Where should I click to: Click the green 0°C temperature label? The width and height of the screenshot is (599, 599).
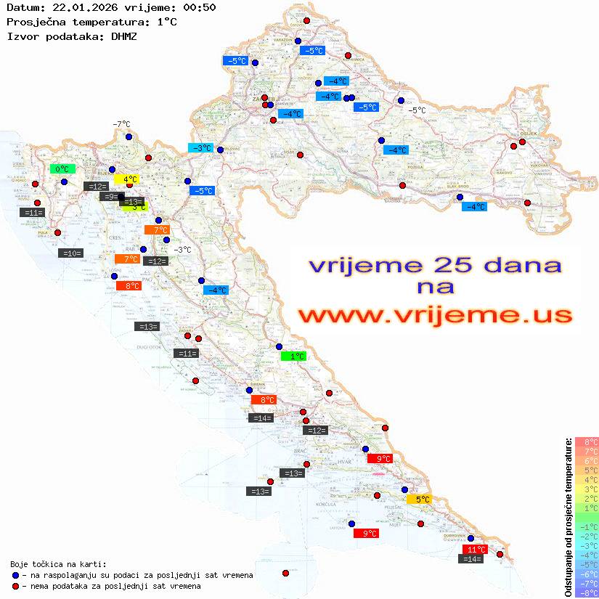(62, 169)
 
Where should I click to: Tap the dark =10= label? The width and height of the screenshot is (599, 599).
(71, 253)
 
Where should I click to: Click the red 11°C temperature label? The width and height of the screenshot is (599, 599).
(476, 550)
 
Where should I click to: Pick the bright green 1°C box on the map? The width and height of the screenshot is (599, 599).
(293, 356)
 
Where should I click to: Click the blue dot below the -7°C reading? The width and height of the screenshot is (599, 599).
(129, 136)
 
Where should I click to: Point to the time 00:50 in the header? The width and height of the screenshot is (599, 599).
(200, 7)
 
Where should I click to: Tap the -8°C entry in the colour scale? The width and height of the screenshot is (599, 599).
(586, 592)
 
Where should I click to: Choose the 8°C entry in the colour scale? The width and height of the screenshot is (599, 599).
(586, 441)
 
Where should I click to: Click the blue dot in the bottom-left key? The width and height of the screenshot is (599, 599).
(15, 575)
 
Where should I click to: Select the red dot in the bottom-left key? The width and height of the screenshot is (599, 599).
(15, 586)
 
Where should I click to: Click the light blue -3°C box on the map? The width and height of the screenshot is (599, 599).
(200, 148)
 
